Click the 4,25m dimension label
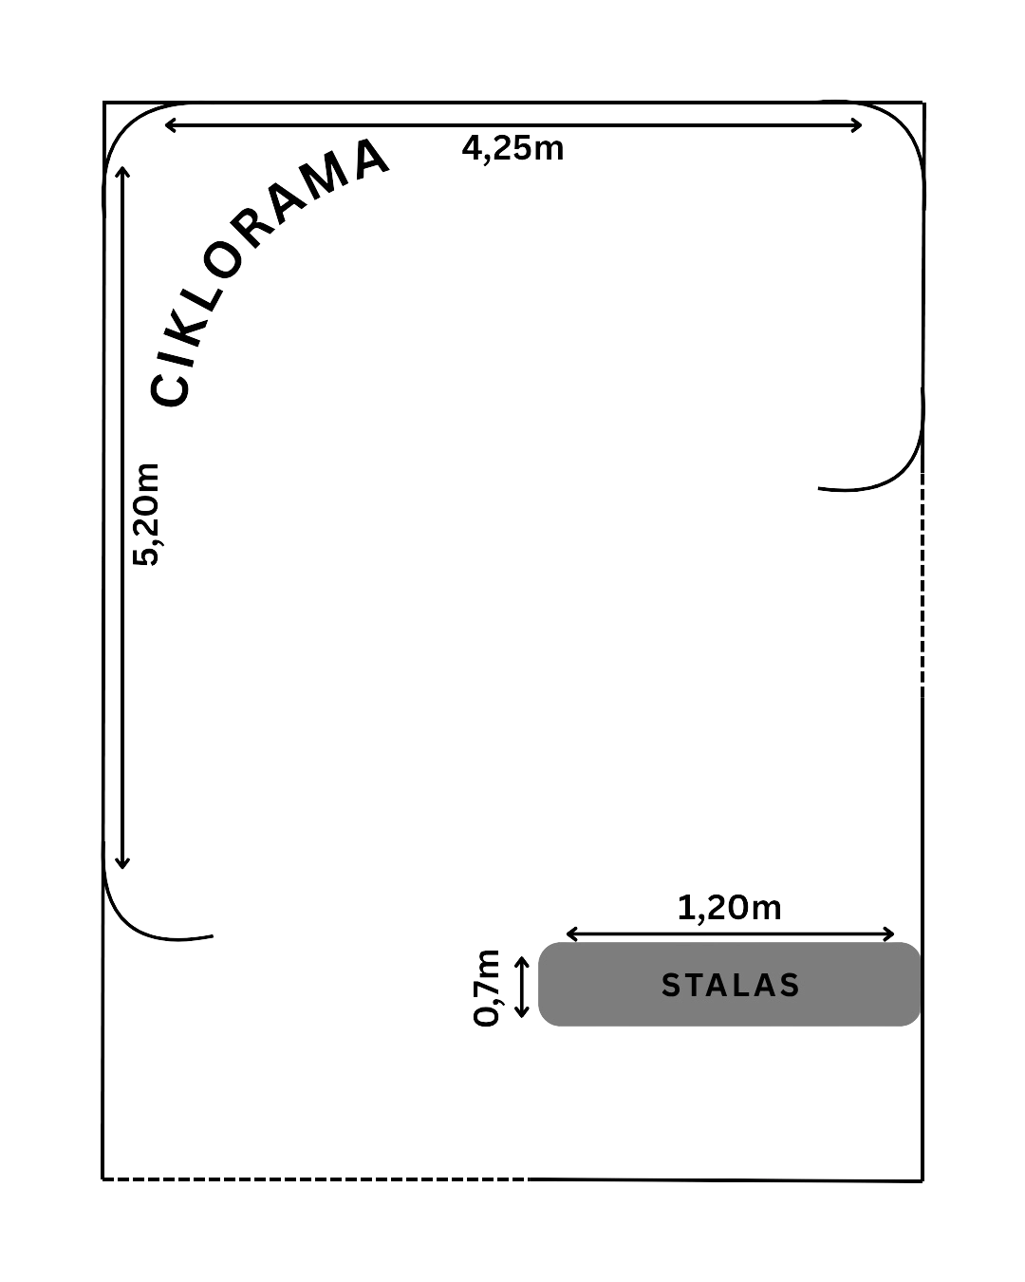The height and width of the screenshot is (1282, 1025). [512, 148]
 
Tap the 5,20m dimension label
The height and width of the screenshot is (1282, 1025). [146, 514]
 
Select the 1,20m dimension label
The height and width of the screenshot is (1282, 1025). [729, 908]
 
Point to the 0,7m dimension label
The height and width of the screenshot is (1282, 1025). [485, 988]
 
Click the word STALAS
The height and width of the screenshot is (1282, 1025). [730, 986]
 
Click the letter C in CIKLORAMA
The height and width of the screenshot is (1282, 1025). [169, 390]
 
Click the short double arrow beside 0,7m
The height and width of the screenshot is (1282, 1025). [522, 987]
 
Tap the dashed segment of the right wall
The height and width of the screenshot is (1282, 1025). [922, 584]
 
